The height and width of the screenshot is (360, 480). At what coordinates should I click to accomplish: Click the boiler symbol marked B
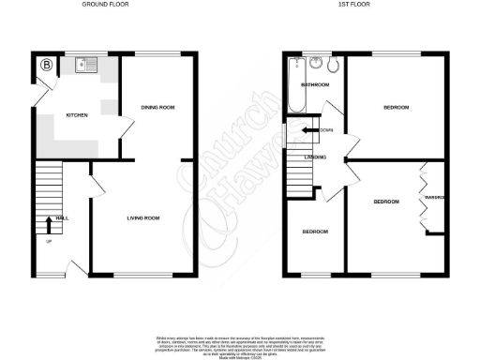pos(47,66)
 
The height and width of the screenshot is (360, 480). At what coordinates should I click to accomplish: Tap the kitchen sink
pos(84,66)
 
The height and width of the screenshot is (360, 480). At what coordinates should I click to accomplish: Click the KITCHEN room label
pos(77,115)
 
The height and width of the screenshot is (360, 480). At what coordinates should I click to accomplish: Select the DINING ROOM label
pos(158,108)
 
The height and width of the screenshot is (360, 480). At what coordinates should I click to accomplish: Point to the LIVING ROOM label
pos(144,218)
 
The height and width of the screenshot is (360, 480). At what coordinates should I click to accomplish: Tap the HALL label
pos(62,217)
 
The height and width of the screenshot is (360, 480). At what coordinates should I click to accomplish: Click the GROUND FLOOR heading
pos(107,5)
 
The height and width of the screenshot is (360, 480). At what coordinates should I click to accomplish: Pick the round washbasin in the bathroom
pos(317,65)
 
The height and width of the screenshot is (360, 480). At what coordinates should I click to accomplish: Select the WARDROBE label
pos(434,199)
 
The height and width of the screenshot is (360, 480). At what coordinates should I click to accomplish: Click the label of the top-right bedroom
pos(397,108)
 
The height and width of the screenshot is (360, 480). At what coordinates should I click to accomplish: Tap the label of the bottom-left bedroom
pos(314,231)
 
